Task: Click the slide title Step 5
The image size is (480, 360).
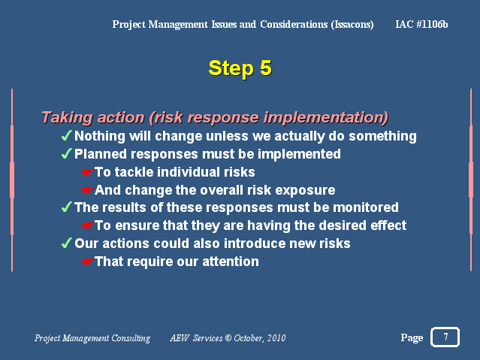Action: coord(240,68)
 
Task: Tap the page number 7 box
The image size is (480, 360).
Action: coord(445,337)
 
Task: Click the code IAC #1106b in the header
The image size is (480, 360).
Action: coord(421,24)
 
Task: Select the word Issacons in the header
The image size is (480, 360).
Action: coord(352,25)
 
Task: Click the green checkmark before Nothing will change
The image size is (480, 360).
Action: coord(67,135)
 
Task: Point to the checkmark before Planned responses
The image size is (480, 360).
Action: coord(67,153)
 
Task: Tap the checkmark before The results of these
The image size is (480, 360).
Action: coord(67,207)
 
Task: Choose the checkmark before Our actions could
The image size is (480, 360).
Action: coord(67,243)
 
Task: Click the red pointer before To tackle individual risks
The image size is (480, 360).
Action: coord(88,172)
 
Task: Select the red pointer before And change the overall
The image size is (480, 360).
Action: coord(88,190)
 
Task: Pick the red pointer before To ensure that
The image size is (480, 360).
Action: coord(88,225)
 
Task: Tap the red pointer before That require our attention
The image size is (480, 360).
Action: coord(88,262)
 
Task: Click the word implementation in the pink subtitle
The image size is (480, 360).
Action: coord(326,118)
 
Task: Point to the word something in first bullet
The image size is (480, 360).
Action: coord(382,136)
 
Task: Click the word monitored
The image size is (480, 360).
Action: coord(366,207)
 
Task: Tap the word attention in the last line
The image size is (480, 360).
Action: coord(231,262)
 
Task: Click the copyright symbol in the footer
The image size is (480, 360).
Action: coord(228,338)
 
